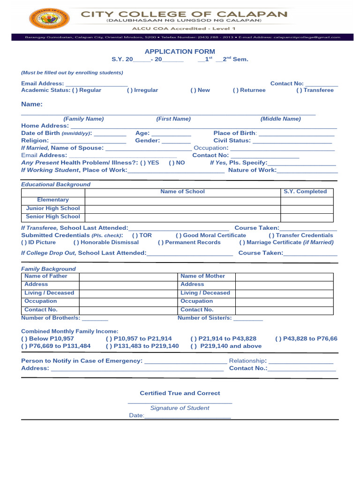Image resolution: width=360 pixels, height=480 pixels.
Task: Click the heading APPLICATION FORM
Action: (x=180, y=52)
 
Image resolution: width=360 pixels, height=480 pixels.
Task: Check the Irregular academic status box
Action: (x=129, y=90)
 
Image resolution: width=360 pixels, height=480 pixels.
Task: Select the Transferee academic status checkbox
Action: (x=299, y=90)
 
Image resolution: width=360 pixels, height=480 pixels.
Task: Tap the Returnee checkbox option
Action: (x=235, y=90)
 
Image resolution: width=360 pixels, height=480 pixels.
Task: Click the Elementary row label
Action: (x=53, y=200)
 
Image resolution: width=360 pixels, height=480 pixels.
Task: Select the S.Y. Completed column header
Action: (x=305, y=192)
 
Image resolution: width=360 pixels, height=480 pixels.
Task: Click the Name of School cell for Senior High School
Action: (x=183, y=217)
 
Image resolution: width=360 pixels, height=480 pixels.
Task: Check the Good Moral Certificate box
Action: (x=179, y=235)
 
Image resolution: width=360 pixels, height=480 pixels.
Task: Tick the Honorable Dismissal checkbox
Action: (x=76, y=242)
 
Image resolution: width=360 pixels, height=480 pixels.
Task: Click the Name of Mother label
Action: (x=202, y=276)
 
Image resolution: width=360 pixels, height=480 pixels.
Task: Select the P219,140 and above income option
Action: (x=193, y=346)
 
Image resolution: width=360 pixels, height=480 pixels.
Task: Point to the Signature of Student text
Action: (x=180, y=408)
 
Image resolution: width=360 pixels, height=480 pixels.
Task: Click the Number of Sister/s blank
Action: (x=248, y=319)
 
